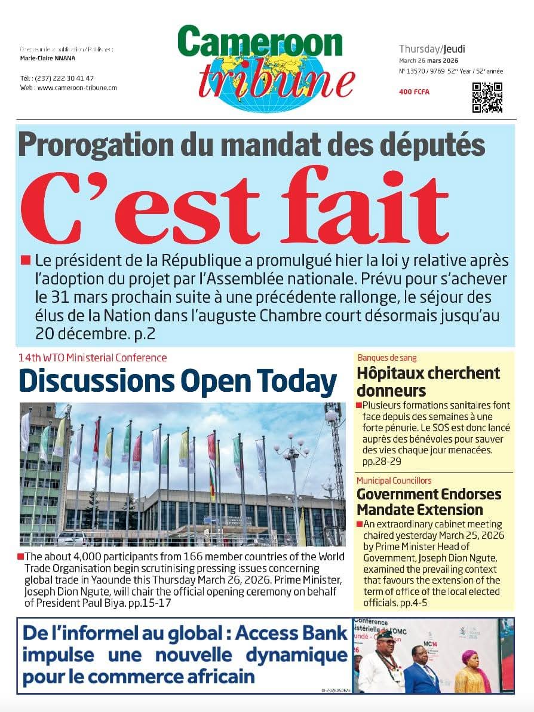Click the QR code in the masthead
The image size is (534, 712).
[487, 97]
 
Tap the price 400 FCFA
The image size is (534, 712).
[414, 92]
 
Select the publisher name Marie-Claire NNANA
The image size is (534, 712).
[51, 59]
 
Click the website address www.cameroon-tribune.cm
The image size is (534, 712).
[77, 87]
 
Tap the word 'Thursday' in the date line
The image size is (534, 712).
[420, 49]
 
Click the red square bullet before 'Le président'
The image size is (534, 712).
[25, 260]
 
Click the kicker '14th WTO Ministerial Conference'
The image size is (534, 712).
[93, 358]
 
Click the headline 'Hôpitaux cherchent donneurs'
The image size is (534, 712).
[428, 382]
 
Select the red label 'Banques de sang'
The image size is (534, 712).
[387, 358]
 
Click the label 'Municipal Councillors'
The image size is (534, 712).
[394, 480]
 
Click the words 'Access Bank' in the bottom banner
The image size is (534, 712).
[292, 634]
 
